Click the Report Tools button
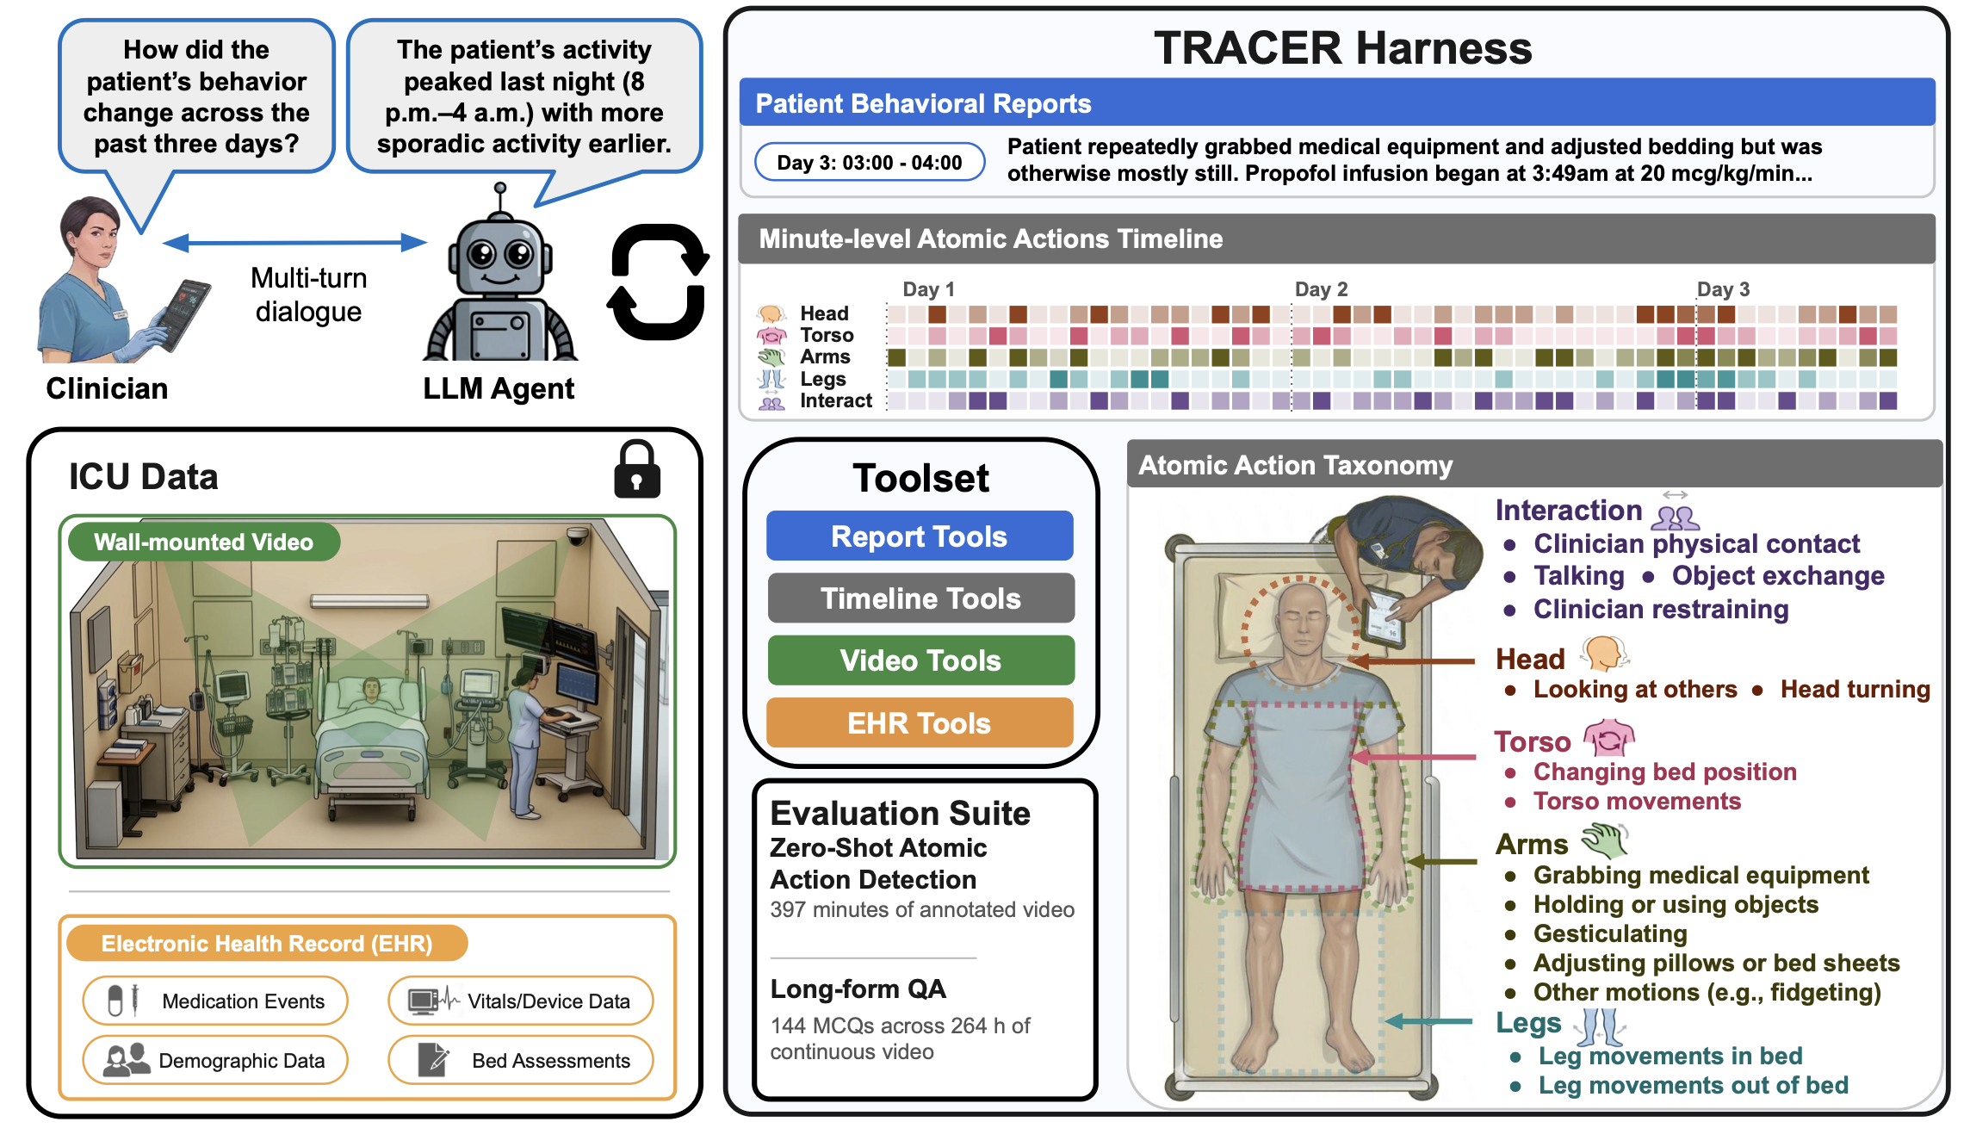(x=920, y=536)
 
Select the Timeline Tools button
(x=920, y=598)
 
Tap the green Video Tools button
(x=920, y=660)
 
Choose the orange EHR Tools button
(x=920, y=723)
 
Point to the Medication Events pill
(x=215, y=1001)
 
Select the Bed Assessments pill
(x=521, y=1060)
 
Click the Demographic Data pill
(x=215, y=1060)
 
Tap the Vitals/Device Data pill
(x=521, y=1001)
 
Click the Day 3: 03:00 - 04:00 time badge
(x=870, y=163)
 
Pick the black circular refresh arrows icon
(x=659, y=282)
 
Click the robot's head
(x=500, y=255)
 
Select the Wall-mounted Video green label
(x=204, y=542)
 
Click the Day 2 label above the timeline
(x=1322, y=289)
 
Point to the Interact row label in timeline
(x=836, y=400)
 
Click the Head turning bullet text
(x=1855, y=689)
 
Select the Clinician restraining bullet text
(x=1661, y=609)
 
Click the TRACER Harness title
(x=1343, y=48)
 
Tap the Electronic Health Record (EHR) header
(x=267, y=944)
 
